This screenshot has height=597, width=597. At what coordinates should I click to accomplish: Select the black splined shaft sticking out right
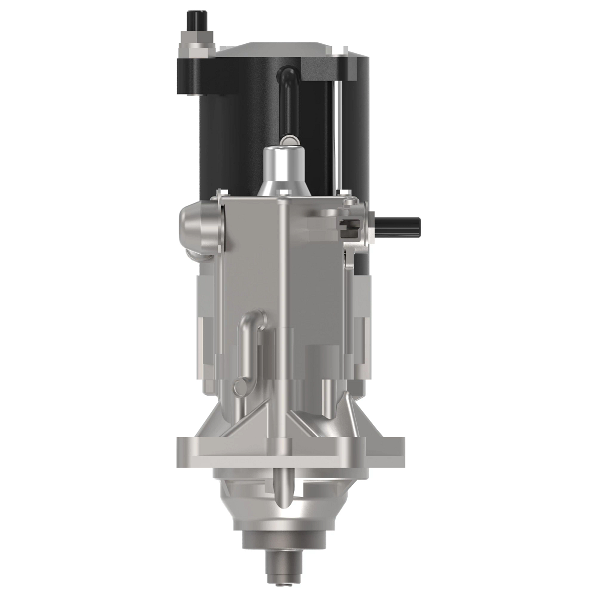pos(398,227)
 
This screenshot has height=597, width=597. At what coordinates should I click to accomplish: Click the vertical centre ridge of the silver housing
pos(282,298)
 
